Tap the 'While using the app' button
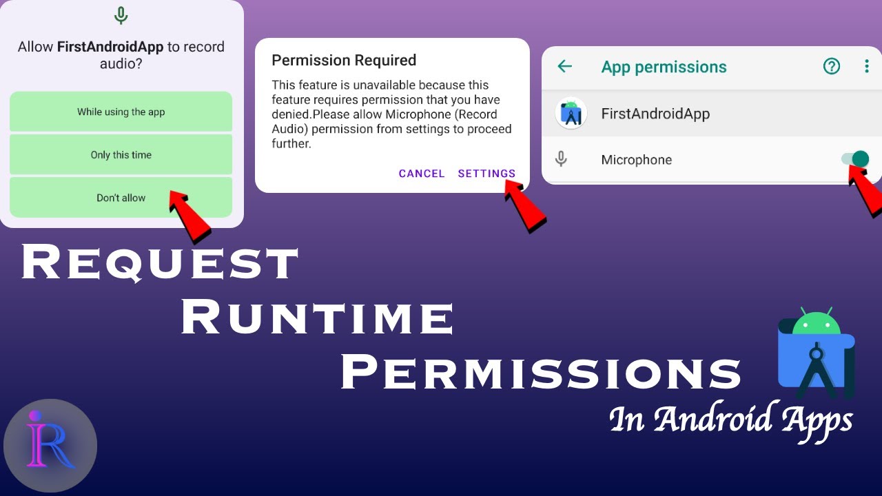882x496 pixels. pyautogui.click(x=121, y=112)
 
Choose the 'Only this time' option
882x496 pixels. pyautogui.click(x=121, y=155)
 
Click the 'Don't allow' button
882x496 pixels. pyautogui.click(x=121, y=198)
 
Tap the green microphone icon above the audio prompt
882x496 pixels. pyautogui.click(x=121, y=15)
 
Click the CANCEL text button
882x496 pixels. pyautogui.click(x=421, y=174)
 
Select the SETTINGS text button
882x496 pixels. pyautogui.click(x=486, y=174)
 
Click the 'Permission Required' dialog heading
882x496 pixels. pyautogui.click(x=344, y=61)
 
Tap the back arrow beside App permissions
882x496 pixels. pyautogui.click(x=564, y=66)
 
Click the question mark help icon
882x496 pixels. pyautogui.click(x=832, y=66)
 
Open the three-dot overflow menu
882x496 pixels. pyautogui.click(x=867, y=66)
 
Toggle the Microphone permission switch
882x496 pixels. pyautogui.click(x=855, y=159)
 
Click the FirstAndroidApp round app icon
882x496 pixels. pyautogui.click(x=571, y=114)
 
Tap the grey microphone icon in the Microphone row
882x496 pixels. pyautogui.click(x=562, y=160)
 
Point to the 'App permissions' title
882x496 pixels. pyautogui.click(x=664, y=67)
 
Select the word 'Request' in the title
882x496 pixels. pyautogui.click(x=160, y=263)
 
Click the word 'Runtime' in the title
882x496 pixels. pyautogui.click(x=317, y=318)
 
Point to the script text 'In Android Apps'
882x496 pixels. pyautogui.click(x=731, y=420)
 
